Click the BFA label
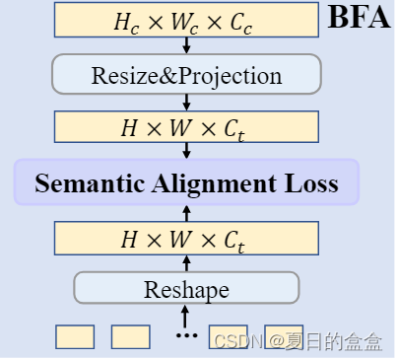coord(359,18)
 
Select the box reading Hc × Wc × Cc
coord(186,20)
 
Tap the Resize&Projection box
coord(186,75)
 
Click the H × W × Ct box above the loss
coord(186,127)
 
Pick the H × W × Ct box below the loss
coord(186,239)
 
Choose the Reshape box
coord(186,289)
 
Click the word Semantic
coord(87,183)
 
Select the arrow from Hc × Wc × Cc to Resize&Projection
coord(187,45)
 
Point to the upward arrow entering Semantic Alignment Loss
coord(187,212)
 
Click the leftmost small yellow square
coord(74,337)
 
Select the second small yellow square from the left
coord(130,337)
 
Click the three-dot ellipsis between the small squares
coord(186,336)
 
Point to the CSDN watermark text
coord(296,342)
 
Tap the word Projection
coord(233,75)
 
